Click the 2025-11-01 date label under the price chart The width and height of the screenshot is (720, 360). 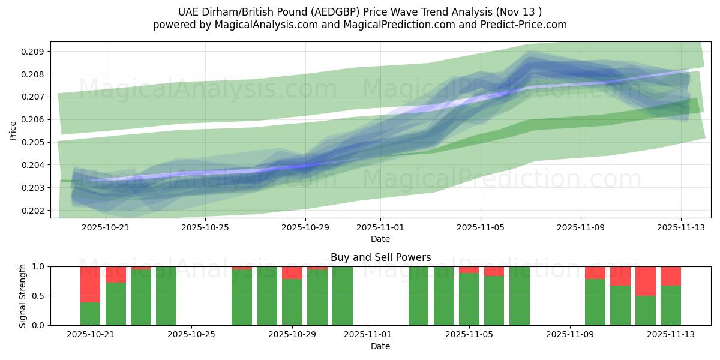(x=380, y=227)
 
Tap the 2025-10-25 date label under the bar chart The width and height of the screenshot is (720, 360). (x=191, y=335)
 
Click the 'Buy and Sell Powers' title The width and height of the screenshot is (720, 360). (x=380, y=257)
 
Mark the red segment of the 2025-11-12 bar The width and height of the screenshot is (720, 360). (x=646, y=281)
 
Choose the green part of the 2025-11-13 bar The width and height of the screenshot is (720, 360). (x=671, y=305)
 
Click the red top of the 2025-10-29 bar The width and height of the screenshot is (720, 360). (x=292, y=273)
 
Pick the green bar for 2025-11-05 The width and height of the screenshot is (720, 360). (x=469, y=299)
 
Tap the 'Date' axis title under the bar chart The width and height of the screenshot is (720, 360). (x=380, y=346)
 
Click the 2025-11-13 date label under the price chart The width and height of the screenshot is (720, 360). (x=680, y=227)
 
